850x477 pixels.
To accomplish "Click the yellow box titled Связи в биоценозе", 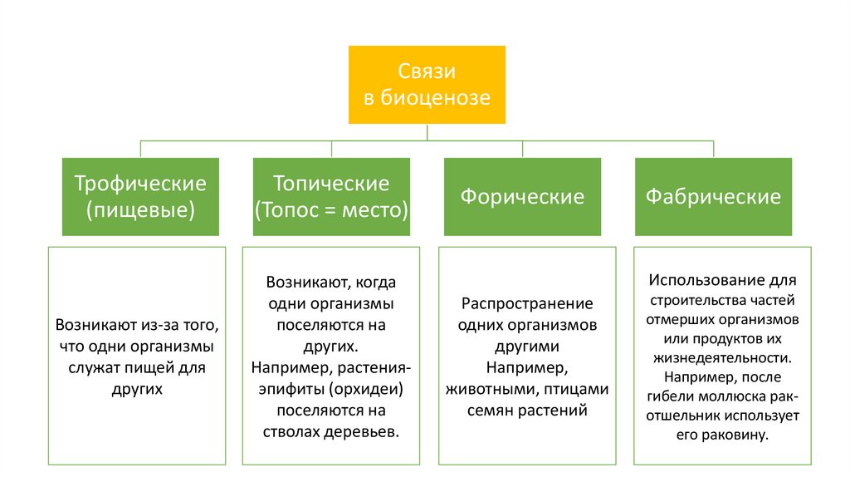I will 427,84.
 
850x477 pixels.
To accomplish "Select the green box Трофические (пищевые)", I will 140,196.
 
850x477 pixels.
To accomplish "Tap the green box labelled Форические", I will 522,197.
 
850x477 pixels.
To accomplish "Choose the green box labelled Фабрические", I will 713,197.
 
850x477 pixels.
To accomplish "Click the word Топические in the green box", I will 331,183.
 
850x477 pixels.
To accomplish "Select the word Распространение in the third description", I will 527,303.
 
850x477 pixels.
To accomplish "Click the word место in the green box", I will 374,209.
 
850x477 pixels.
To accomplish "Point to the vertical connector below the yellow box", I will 427,133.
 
